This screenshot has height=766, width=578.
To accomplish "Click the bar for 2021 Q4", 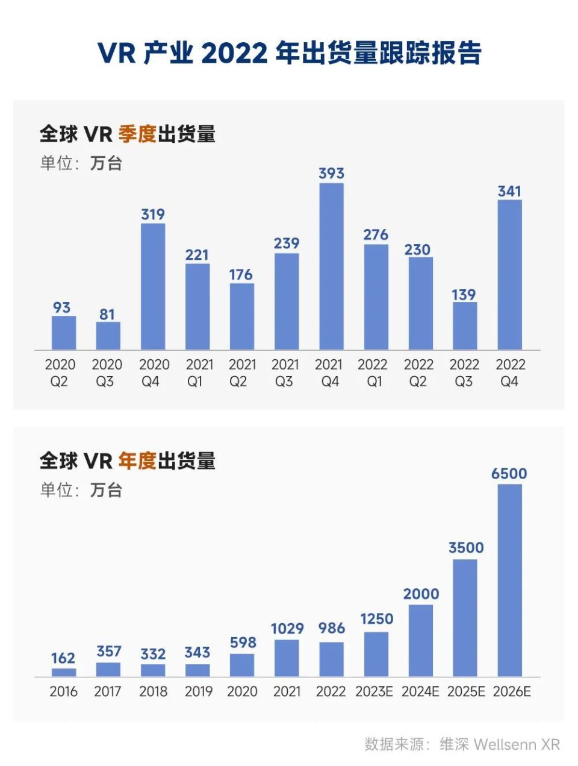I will (331, 266).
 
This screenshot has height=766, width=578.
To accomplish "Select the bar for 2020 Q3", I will (108, 336).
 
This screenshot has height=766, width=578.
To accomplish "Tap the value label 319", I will (153, 215).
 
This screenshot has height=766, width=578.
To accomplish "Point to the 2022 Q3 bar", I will (465, 325).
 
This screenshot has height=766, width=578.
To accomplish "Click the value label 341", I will (509, 192).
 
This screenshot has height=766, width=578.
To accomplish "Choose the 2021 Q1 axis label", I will (197, 372).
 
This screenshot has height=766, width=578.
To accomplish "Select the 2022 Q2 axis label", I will (418, 372).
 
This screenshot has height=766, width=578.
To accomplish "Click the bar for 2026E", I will (509, 580).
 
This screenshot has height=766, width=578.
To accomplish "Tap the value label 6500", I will (509, 474).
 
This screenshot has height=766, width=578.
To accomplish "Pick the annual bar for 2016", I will (64, 672).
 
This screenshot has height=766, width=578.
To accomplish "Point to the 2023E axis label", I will (374, 691).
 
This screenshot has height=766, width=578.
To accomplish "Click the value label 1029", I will (287, 629).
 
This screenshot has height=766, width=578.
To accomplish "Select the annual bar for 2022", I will (331, 659).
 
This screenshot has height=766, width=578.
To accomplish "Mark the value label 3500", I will (466, 548).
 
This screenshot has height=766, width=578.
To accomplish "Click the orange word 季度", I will (137, 134).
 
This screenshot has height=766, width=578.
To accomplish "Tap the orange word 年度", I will (137, 461).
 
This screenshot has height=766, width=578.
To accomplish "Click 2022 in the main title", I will (234, 54).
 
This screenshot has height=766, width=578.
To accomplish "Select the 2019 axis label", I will (198, 691).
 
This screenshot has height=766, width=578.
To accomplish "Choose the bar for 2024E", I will (421, 640).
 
